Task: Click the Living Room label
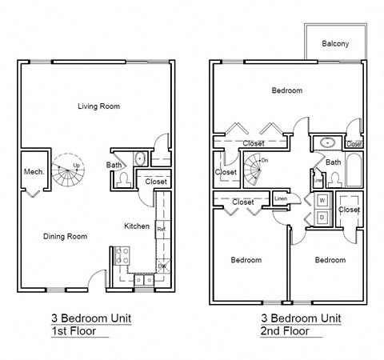coord(98,106)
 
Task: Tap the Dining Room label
coord(65,236)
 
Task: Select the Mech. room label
coord(32,171)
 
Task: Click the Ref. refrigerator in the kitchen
coord(161,230)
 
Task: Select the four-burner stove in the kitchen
coord(124,256)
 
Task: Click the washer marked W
coord(322,199)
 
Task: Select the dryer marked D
coord(322,216)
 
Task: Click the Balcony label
coord(334,43)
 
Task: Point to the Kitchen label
coord(136,226)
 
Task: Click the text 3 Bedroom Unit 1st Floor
coord(90,324)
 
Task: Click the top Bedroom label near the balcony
coord(286,90)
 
